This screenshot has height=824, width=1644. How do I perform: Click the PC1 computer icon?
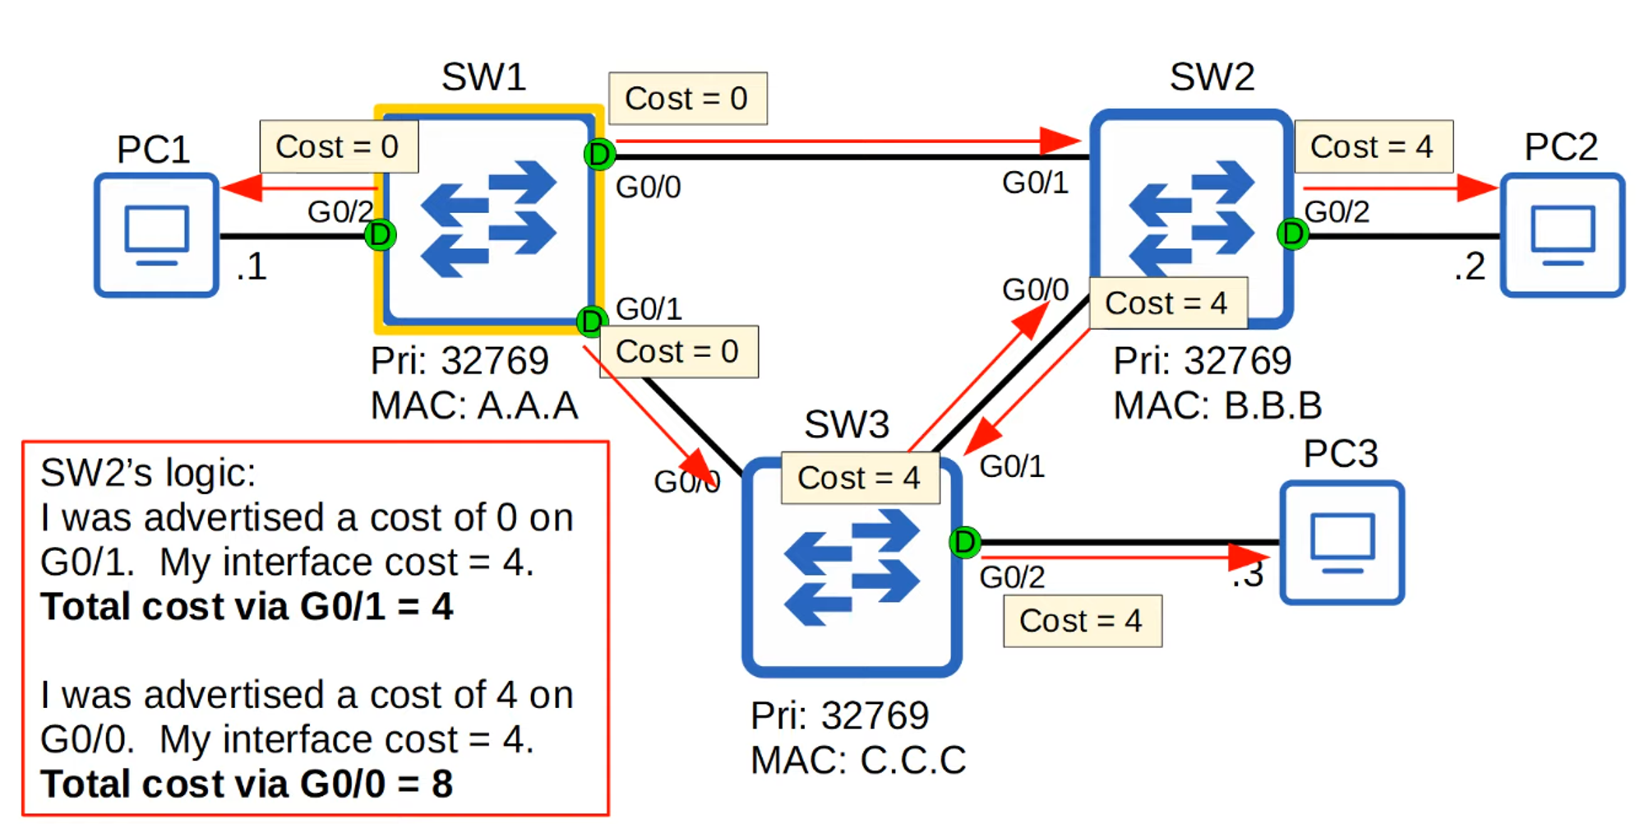(156, 234)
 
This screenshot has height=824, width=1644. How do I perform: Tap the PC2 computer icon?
(1562, 234)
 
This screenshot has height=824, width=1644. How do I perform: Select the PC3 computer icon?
(1342, 543)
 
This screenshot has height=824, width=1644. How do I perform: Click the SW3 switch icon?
(852, 567)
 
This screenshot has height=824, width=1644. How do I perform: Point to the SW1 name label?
(483, 77)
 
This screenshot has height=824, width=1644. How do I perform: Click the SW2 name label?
(1212, 77)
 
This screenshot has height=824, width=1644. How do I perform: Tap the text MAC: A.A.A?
(474, 405)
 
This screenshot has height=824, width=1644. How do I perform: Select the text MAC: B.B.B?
(1217, 405)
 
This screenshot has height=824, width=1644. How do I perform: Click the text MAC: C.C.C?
(857, 760)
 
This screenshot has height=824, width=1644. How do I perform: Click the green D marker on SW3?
(965, 542)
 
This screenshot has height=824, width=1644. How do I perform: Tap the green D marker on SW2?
(1292, 234)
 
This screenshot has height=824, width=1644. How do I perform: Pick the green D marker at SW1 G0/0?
(599, 154)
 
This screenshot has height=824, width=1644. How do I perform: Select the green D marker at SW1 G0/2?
(380, 235)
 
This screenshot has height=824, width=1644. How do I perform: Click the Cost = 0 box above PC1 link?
(338, 146)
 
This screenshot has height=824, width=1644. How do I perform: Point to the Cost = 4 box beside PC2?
(1373, 146)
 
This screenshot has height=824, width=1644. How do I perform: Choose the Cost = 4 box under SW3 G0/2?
(1082, 621)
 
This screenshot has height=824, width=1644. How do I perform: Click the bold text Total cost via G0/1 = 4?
(247, 607)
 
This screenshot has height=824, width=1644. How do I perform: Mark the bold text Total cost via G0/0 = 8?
(247, 784)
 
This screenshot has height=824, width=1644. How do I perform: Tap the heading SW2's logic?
(148, 473)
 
